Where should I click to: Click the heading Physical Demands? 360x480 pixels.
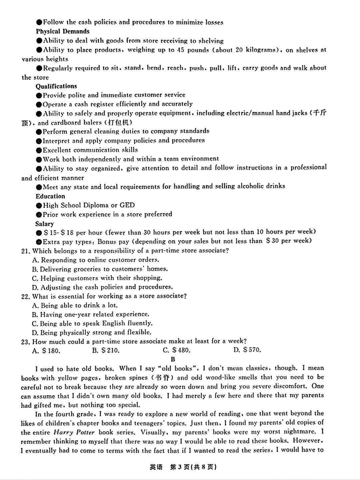[x=63, y=31]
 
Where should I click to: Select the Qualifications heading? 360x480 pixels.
[x=56, y=86]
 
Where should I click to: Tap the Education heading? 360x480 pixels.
[x=50, y=196]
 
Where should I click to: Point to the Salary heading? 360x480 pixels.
[x=45, y=223]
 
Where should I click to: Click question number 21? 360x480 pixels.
[x=25, y=251]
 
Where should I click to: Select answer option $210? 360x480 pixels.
[x=106, y=350]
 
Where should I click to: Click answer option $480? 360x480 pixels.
[x=177, y=350]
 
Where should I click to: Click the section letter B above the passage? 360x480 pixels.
[x=173, y=359]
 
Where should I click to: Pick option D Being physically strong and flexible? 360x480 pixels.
[x=92, y=332]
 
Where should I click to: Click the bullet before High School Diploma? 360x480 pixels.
[x=39, y=205]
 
